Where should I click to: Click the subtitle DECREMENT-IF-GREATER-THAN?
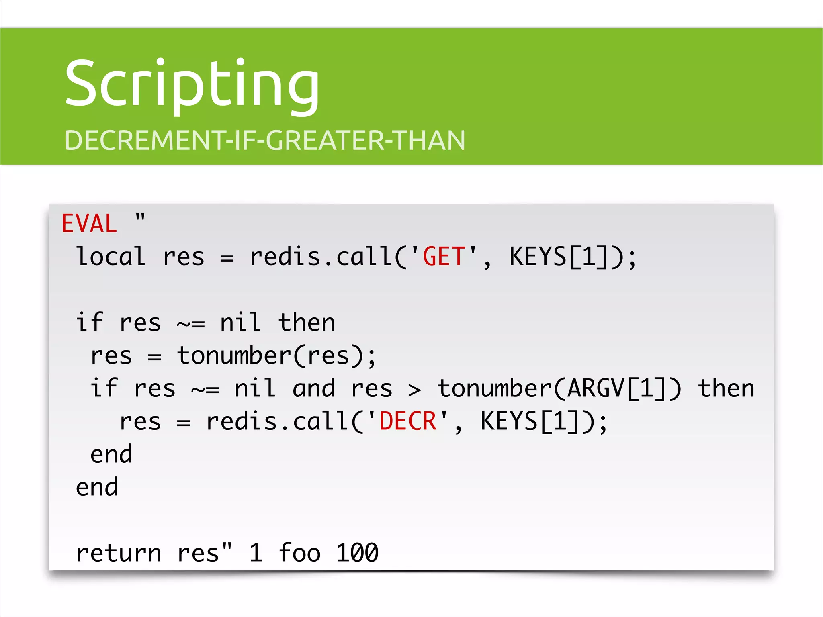[265, 141]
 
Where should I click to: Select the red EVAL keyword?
[89, 224]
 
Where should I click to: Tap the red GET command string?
[444, 257]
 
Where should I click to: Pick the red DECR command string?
[408, 421]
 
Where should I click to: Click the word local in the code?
[111, 257]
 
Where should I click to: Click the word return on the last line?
[119, 553]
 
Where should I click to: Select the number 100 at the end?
[357, 553]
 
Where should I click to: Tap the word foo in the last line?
[299, 553]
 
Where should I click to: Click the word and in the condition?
[313, 389]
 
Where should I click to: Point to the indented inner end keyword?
[111, 455]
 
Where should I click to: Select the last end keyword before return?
[97, 488]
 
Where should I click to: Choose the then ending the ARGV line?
[726, 389]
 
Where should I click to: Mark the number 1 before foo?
[256, 553]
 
